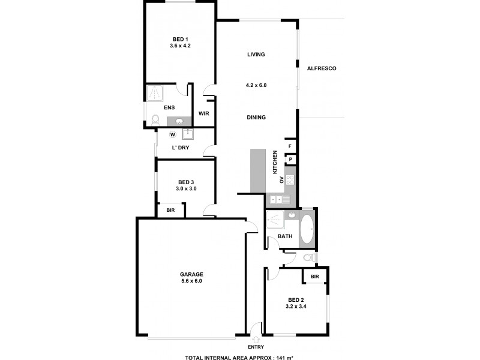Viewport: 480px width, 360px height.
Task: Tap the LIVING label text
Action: pyautogui.click(x=256, y=55)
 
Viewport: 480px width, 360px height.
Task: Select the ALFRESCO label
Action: pyautogui.click(x=322, y=68)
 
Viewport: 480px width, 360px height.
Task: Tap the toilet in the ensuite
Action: pyautogui.click(x=155, y=119)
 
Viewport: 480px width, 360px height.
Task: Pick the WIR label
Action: pyautogui.click(x=203, y=113)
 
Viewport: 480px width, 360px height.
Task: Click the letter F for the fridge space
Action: pyautogui.click(x=290, y=146)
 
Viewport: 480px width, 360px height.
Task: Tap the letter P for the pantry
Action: pyautogui.click(x=290, y=159)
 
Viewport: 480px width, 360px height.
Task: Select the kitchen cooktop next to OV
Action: pyautogui.click(x=290, y=179)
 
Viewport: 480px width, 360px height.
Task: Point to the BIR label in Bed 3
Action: pyautogui.click(x=170, y=210)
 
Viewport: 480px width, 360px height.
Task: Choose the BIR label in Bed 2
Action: pyautogui.click(x=314, y=276)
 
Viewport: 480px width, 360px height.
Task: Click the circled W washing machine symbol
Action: pyautogui.click(x=173, y=134)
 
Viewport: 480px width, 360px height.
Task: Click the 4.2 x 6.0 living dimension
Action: pyautogui.click(x=256, y=85)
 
